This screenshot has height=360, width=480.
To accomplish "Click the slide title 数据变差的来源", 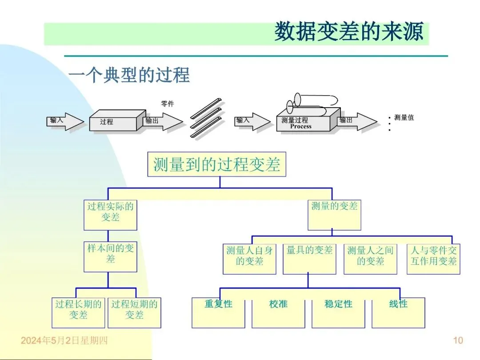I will [x=348, y=32].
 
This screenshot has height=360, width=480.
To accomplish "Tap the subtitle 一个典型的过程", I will [x=129, y=75].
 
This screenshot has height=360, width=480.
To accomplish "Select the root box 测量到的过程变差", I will [x=216, y=164].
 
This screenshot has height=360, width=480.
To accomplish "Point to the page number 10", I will [x=458, y=340].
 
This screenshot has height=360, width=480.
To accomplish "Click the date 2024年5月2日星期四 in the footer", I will [x=64, y=341].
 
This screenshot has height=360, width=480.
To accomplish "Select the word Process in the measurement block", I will [x=301, y=126].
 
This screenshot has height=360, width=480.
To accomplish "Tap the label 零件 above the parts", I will [x=168, y=104].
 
